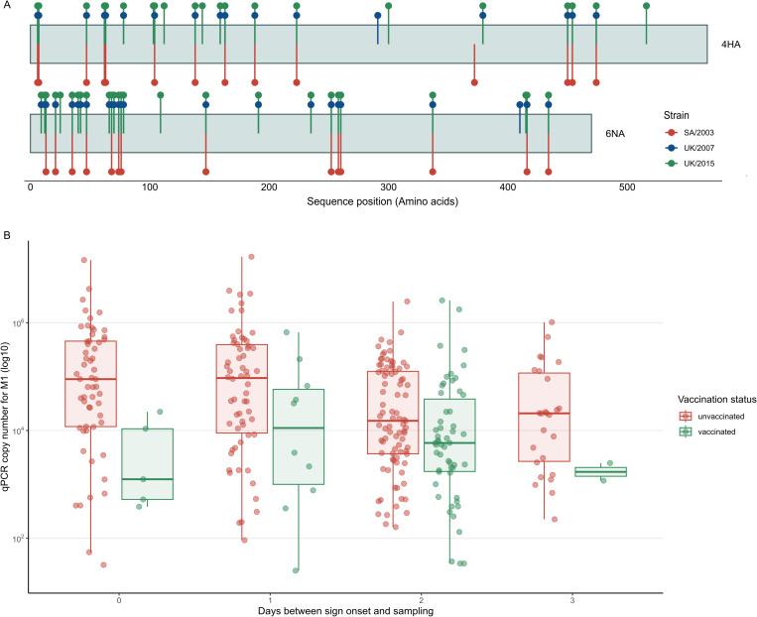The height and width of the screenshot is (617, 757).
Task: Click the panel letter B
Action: click(7, 237)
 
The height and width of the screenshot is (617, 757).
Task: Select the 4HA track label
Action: click(731, 45)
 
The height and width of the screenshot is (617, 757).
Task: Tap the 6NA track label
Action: click(616, 133)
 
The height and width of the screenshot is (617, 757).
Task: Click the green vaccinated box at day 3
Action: click(601, 471)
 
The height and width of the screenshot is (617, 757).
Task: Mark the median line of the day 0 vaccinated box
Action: click(147, 479)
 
